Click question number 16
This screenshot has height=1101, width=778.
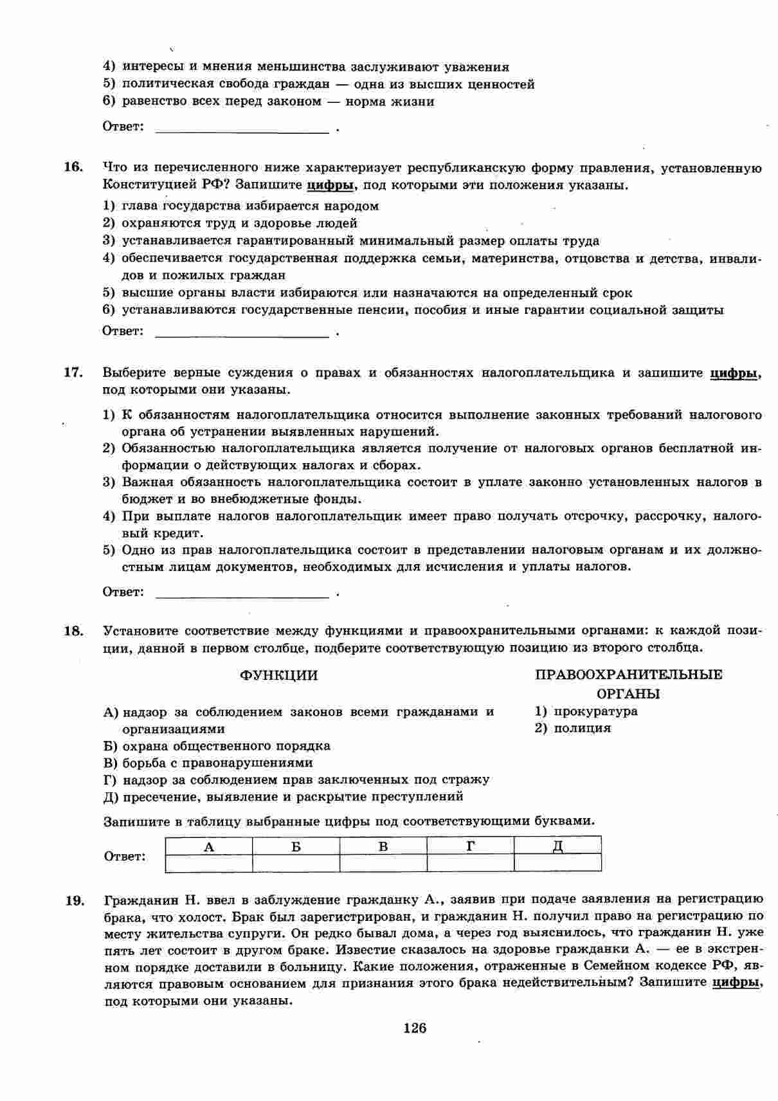73,167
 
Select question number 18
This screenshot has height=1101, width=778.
73,631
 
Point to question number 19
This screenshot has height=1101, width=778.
73,899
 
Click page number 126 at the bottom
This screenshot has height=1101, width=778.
415,1028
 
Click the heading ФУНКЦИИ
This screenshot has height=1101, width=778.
278,675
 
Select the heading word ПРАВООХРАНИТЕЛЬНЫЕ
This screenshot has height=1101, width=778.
628,675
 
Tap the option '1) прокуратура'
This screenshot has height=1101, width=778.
586,711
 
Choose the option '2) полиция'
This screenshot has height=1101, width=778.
573,728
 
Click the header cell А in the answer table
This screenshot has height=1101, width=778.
209,846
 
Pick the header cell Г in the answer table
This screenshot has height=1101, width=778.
471,846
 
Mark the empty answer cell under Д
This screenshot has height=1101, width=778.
558,862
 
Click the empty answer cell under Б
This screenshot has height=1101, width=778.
296,862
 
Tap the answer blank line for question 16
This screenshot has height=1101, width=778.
242,334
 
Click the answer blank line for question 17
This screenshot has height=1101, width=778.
242,594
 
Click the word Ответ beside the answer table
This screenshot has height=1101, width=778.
124,857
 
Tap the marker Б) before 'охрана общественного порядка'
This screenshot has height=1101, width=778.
111,746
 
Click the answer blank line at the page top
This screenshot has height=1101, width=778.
242,129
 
